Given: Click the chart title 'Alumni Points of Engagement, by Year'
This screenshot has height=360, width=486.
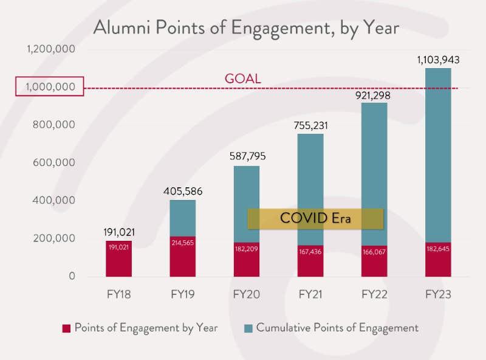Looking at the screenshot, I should [x=246, y=28].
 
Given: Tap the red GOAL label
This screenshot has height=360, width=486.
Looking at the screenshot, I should [x=242, y=78].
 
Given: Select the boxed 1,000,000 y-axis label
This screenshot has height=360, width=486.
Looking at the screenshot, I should [x=50, y=88].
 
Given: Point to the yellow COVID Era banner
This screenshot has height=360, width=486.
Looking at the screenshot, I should [x=315, y=218].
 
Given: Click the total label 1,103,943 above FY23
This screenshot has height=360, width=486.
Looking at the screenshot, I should [x=438, y=60].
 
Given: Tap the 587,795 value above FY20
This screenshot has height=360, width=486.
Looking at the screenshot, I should [x=247, y=157].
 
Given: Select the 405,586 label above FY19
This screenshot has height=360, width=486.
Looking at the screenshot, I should [x=183, y=192].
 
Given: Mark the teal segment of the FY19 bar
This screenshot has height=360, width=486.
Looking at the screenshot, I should [x=183, y=218].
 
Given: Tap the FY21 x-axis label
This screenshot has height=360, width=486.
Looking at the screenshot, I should [x=310, y=294].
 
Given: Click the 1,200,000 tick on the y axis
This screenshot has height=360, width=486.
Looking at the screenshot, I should [x=51, y=49].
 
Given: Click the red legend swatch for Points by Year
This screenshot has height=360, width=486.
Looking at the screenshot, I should [x=67, y=328].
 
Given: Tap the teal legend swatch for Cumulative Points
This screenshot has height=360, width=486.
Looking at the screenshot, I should [x=248, y=328].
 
